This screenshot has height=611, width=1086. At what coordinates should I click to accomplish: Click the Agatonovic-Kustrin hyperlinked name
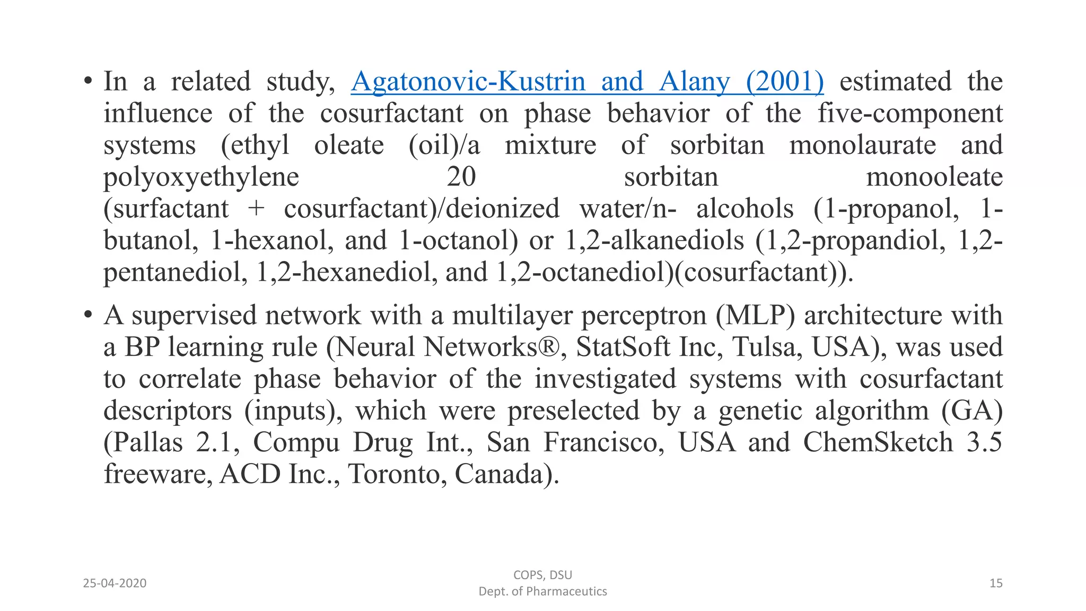coord(468,82)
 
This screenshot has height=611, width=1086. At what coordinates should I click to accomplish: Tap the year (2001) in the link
coord(785,82)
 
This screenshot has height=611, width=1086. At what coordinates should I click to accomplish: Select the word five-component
coord(910,114)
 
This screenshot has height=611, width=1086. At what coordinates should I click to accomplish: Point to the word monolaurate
coord(863,145)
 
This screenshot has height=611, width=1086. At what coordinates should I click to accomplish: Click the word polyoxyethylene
coord(201,177)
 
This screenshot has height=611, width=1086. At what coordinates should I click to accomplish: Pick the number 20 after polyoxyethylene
coord(461,177)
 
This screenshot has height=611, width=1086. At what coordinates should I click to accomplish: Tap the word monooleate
coord(934,177)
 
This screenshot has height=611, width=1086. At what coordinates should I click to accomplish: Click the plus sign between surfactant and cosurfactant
coord(256,209)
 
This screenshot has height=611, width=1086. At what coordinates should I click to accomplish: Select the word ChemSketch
coord(878,443)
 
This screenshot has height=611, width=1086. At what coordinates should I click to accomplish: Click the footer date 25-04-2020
coord(115,583)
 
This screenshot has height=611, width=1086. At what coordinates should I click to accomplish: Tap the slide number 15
coord(996,583)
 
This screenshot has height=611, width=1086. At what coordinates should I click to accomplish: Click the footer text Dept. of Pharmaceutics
coord(542,591)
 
